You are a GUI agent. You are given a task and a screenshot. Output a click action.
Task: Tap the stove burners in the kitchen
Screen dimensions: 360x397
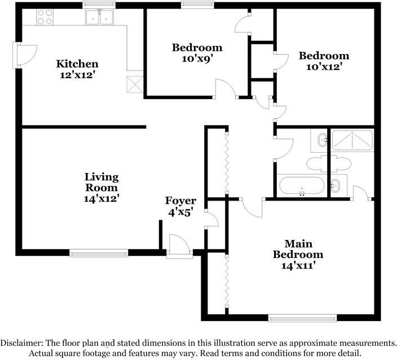coord(44,18)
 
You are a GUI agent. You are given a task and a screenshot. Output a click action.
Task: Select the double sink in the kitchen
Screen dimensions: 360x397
coord(99,18)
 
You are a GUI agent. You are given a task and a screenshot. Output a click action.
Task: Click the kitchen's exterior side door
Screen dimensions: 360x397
coord(20,55)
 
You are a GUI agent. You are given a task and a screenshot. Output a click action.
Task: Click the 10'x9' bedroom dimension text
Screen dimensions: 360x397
coord(197,58)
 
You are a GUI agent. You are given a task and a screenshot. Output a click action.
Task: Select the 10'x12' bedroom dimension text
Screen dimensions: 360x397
coord(324,66)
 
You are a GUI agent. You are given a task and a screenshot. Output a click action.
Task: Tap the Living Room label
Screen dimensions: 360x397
coord(102,182)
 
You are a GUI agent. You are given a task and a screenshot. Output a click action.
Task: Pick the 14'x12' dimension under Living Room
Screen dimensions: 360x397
coord(102,198)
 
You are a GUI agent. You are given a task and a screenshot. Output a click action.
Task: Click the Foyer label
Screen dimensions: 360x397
coord(180,201)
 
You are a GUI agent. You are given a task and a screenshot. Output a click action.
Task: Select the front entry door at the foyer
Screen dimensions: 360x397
coord(179,246)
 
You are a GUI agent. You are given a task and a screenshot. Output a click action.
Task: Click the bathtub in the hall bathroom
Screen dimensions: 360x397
coord(301,186)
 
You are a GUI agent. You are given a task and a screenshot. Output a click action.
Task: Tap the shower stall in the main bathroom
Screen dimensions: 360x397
coord(352,140)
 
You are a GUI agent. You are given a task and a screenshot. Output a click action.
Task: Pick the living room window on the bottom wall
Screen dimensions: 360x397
coord(98,252)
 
